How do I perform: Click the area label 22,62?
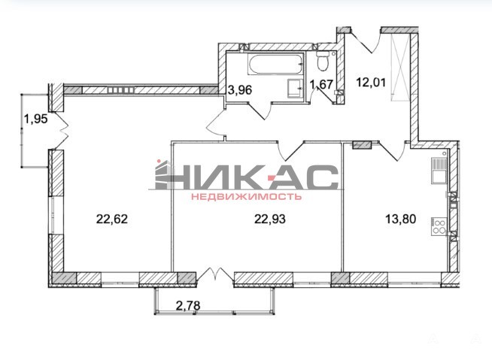tap(112, 219)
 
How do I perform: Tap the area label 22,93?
tap(270, 219)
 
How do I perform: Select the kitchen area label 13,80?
tap(401, 219)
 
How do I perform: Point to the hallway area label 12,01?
tap(371, 82)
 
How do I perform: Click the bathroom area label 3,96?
tap(240, 90)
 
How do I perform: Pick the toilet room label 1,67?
tap(321, 84)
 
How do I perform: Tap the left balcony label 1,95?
tap(36, 119)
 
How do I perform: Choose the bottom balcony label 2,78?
tap(188, 305)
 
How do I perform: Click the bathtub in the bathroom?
tap(276, 64)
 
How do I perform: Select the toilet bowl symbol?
tap(322, 61)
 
